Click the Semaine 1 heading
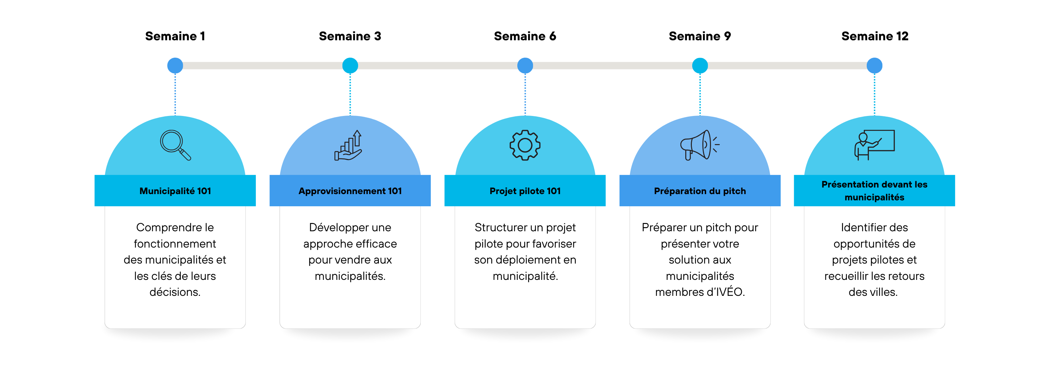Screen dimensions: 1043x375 click(x=175, y=36)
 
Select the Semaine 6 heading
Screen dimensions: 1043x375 click(x=525, y=36)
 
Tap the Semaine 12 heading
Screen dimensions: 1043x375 click(x=875, y=36)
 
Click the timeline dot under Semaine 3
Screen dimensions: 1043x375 click(x=350, y=66)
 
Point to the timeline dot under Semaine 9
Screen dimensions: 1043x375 click(x=700, y=66)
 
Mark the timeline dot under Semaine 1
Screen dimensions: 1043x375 click(x=175, y=66)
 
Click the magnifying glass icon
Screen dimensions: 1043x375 click(x=175, y=145)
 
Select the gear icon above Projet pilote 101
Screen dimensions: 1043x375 click(x=525, y=145)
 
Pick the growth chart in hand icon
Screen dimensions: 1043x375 click(x=348, y=145)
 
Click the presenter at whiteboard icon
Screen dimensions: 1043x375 click(x=875, y=145)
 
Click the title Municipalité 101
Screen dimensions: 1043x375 click(x=175, y=191)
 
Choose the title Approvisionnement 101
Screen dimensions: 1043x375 click(x=350, y=191)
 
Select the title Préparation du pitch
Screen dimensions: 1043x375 click(x=700, y=191)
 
